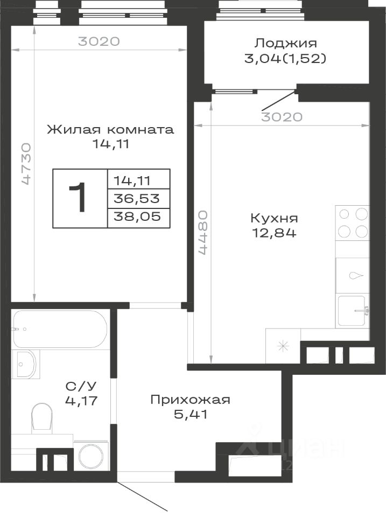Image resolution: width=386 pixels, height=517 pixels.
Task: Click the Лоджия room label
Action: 285,44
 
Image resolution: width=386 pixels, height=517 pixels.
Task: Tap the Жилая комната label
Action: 110,129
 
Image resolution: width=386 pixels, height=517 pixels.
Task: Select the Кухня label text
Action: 274,218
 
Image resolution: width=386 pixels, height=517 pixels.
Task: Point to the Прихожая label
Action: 190,400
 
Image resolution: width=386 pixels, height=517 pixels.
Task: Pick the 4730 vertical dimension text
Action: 25,164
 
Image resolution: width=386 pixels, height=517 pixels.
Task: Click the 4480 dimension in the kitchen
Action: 202,233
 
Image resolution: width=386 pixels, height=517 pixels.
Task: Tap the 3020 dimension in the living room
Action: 99,41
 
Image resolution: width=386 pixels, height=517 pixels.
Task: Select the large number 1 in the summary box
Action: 78,198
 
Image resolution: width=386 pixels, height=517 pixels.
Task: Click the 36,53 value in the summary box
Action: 137,199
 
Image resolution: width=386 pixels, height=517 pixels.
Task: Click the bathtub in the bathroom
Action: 59,329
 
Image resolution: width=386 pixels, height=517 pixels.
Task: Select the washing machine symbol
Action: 90,456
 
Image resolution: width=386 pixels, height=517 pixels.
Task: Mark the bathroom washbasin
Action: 25,364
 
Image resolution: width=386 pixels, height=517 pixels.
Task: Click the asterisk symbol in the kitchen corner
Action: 283,346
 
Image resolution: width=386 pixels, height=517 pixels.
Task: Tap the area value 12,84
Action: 274,233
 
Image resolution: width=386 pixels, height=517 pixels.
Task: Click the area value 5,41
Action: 191,415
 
